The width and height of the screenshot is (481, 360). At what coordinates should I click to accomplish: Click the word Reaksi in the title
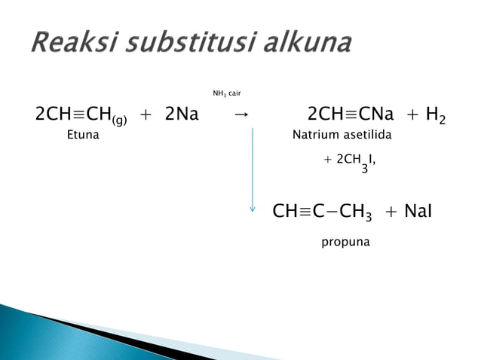(x=69, y=43)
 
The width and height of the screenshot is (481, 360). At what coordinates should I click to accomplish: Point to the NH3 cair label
(x=226, y=93)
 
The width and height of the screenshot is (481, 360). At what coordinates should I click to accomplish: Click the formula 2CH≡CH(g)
(x=81, y=115)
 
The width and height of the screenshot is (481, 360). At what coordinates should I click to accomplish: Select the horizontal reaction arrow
(x=240, y=115)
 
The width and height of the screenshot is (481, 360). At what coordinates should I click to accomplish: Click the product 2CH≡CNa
(x=351, y=114)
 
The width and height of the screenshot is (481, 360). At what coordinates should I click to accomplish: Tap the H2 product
(x=435, y=115)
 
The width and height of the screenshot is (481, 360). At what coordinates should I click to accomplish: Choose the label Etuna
(x=83, y=137)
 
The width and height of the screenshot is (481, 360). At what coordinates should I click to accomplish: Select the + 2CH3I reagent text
(x=349, y=161)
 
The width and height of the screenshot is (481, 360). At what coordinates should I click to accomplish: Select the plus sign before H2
(x=412, y=115)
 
